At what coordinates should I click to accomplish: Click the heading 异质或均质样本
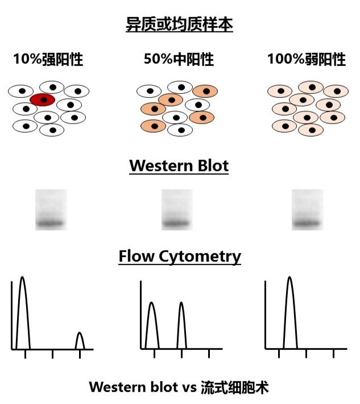179,25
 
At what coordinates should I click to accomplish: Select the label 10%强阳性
48,59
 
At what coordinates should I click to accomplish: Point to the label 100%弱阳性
307,59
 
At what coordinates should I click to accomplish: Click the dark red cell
42,100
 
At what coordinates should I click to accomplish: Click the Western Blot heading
179,166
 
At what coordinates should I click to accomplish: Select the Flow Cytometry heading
180,257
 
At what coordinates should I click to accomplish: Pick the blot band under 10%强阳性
51,222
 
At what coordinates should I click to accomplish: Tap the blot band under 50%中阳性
177,222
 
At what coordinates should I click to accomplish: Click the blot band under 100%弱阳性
307,222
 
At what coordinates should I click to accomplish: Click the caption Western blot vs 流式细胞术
179,388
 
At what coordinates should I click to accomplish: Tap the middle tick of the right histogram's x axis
306,353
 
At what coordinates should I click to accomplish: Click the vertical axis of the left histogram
12,316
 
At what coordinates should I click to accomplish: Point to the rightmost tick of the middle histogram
209,353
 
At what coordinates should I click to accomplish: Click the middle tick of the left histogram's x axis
52,353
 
